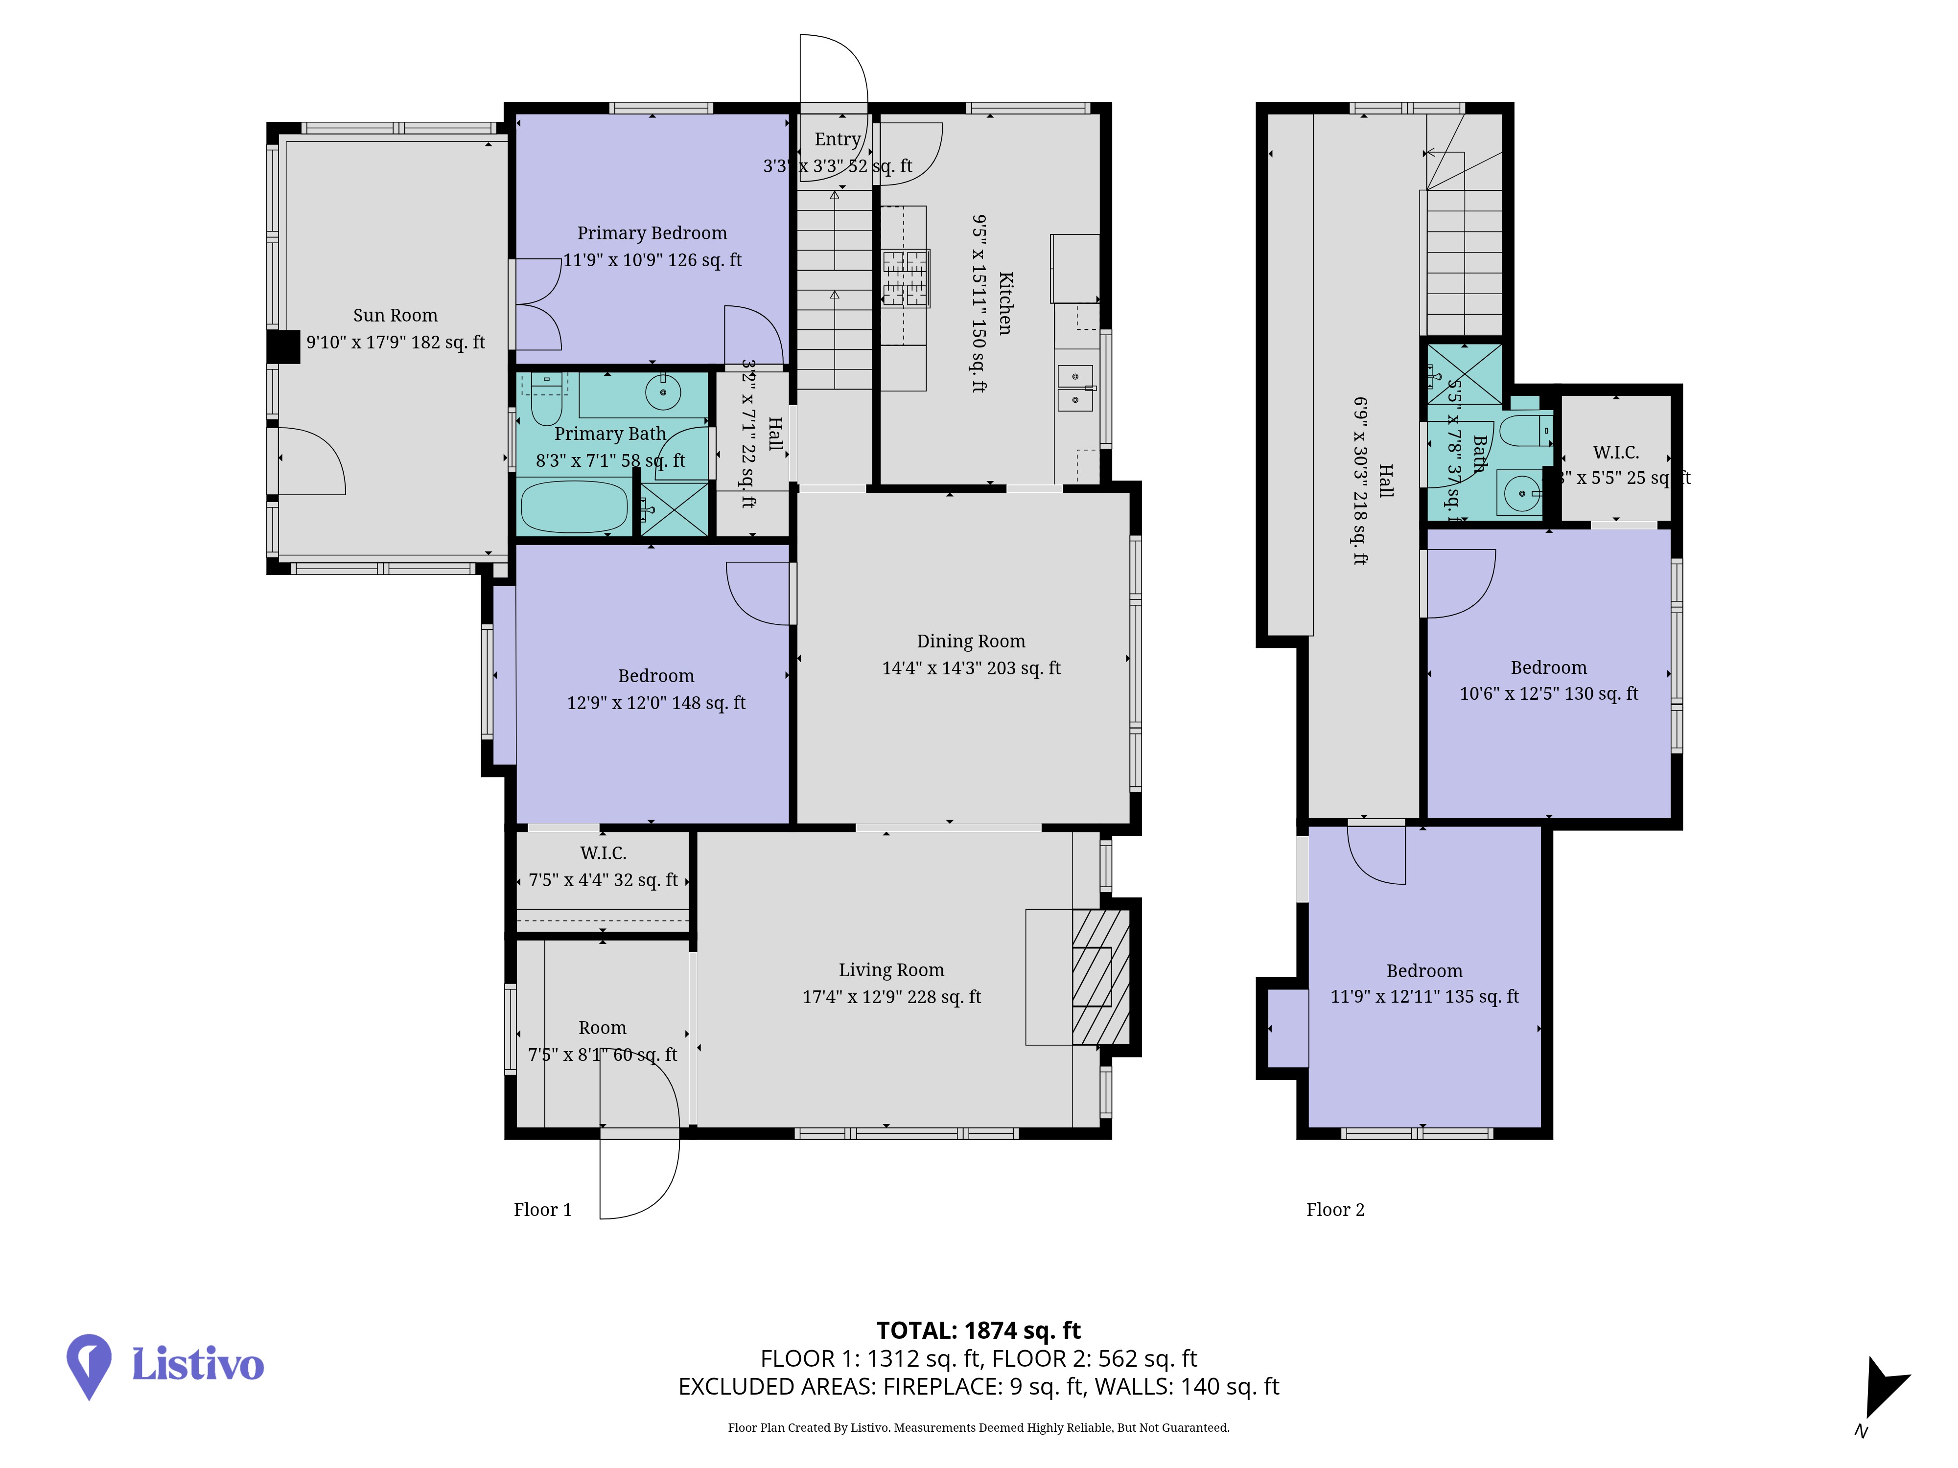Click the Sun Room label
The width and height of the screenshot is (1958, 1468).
(395, 315)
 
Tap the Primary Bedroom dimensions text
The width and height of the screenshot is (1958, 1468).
(653, 260)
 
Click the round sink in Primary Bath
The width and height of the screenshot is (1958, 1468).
(662, 391)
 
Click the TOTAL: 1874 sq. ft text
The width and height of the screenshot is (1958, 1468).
(978, 1330)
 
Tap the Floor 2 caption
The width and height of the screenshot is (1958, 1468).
(1335, 1210)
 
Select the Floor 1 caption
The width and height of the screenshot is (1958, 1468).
(542, 1210)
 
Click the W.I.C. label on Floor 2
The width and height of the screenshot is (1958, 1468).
(1615, 452)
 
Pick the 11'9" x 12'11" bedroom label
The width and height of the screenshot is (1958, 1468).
(1424, 996)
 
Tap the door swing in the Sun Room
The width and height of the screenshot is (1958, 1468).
(312, 460)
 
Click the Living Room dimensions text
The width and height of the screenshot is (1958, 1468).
(891, 997)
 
